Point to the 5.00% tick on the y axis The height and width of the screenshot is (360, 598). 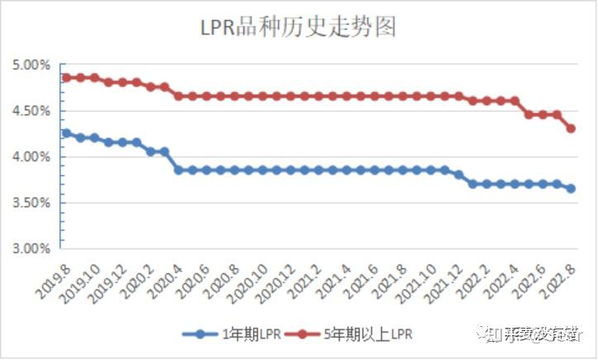[31, 65]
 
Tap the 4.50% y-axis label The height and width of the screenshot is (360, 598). [31, 111]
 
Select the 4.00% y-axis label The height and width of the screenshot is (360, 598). [31, 156]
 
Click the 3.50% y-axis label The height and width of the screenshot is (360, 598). [31, 203]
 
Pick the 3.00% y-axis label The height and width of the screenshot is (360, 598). [31, 248]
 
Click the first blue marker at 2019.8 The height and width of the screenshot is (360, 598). [66, 133]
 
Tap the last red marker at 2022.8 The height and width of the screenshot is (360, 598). [571, 128]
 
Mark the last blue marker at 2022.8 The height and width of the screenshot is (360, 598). [571, 189]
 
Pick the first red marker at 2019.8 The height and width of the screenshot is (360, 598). [66, 78]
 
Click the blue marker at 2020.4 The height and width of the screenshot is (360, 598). [179, 170]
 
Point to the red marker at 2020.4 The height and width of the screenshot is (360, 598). [179, 96]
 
